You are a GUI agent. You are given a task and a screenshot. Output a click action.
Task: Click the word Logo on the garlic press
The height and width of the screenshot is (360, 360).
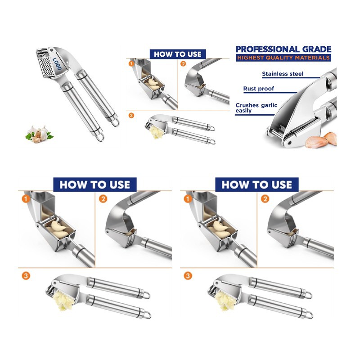point(57,63)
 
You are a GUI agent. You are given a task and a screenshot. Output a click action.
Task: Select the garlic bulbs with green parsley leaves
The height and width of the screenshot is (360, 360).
point(39,134)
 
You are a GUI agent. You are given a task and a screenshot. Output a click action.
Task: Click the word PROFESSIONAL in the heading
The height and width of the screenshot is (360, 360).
point(267,49)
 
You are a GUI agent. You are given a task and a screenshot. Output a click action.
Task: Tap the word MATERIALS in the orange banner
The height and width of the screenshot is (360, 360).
point(312,58)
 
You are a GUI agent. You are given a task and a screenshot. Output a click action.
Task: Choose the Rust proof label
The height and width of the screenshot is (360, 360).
point(258,89)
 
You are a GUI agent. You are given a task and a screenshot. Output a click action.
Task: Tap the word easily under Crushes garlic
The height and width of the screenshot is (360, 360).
point(243,111)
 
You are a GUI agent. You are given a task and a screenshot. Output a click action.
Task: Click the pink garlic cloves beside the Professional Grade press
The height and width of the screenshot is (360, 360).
point(321,140)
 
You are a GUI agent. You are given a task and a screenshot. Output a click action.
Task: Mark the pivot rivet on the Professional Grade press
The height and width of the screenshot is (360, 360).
point(289,143)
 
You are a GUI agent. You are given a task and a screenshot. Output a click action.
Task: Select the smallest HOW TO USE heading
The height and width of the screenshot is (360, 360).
point(177,54)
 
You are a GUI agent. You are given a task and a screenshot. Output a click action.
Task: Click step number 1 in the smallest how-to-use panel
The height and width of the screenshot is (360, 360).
point(131,63)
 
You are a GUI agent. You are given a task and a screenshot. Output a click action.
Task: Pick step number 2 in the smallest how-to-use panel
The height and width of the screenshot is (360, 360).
point(183,63)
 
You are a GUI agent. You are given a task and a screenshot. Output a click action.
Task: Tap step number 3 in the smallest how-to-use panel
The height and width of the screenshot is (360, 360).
point(131,115)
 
